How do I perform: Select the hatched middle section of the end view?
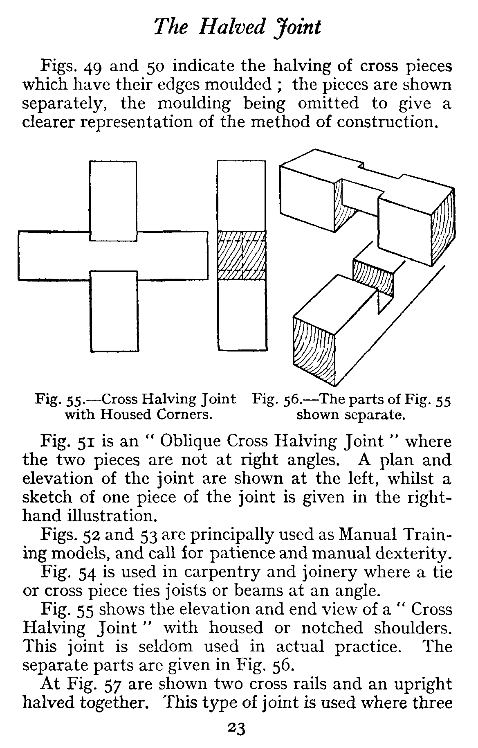[241, 255]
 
